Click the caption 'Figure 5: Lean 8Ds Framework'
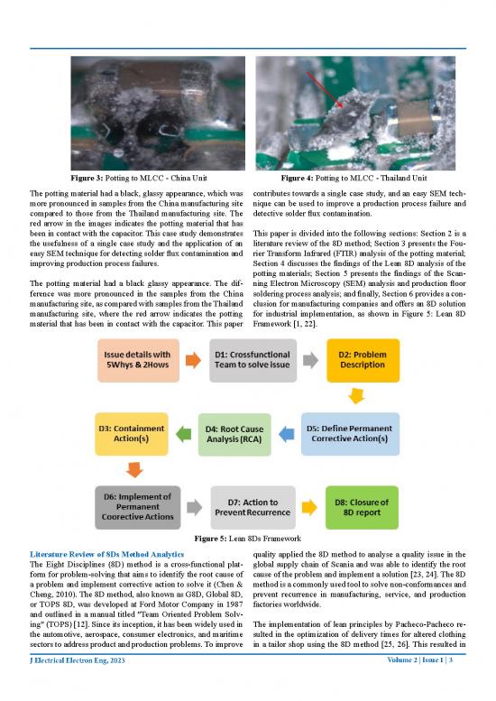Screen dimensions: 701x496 (x=247, y=540)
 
